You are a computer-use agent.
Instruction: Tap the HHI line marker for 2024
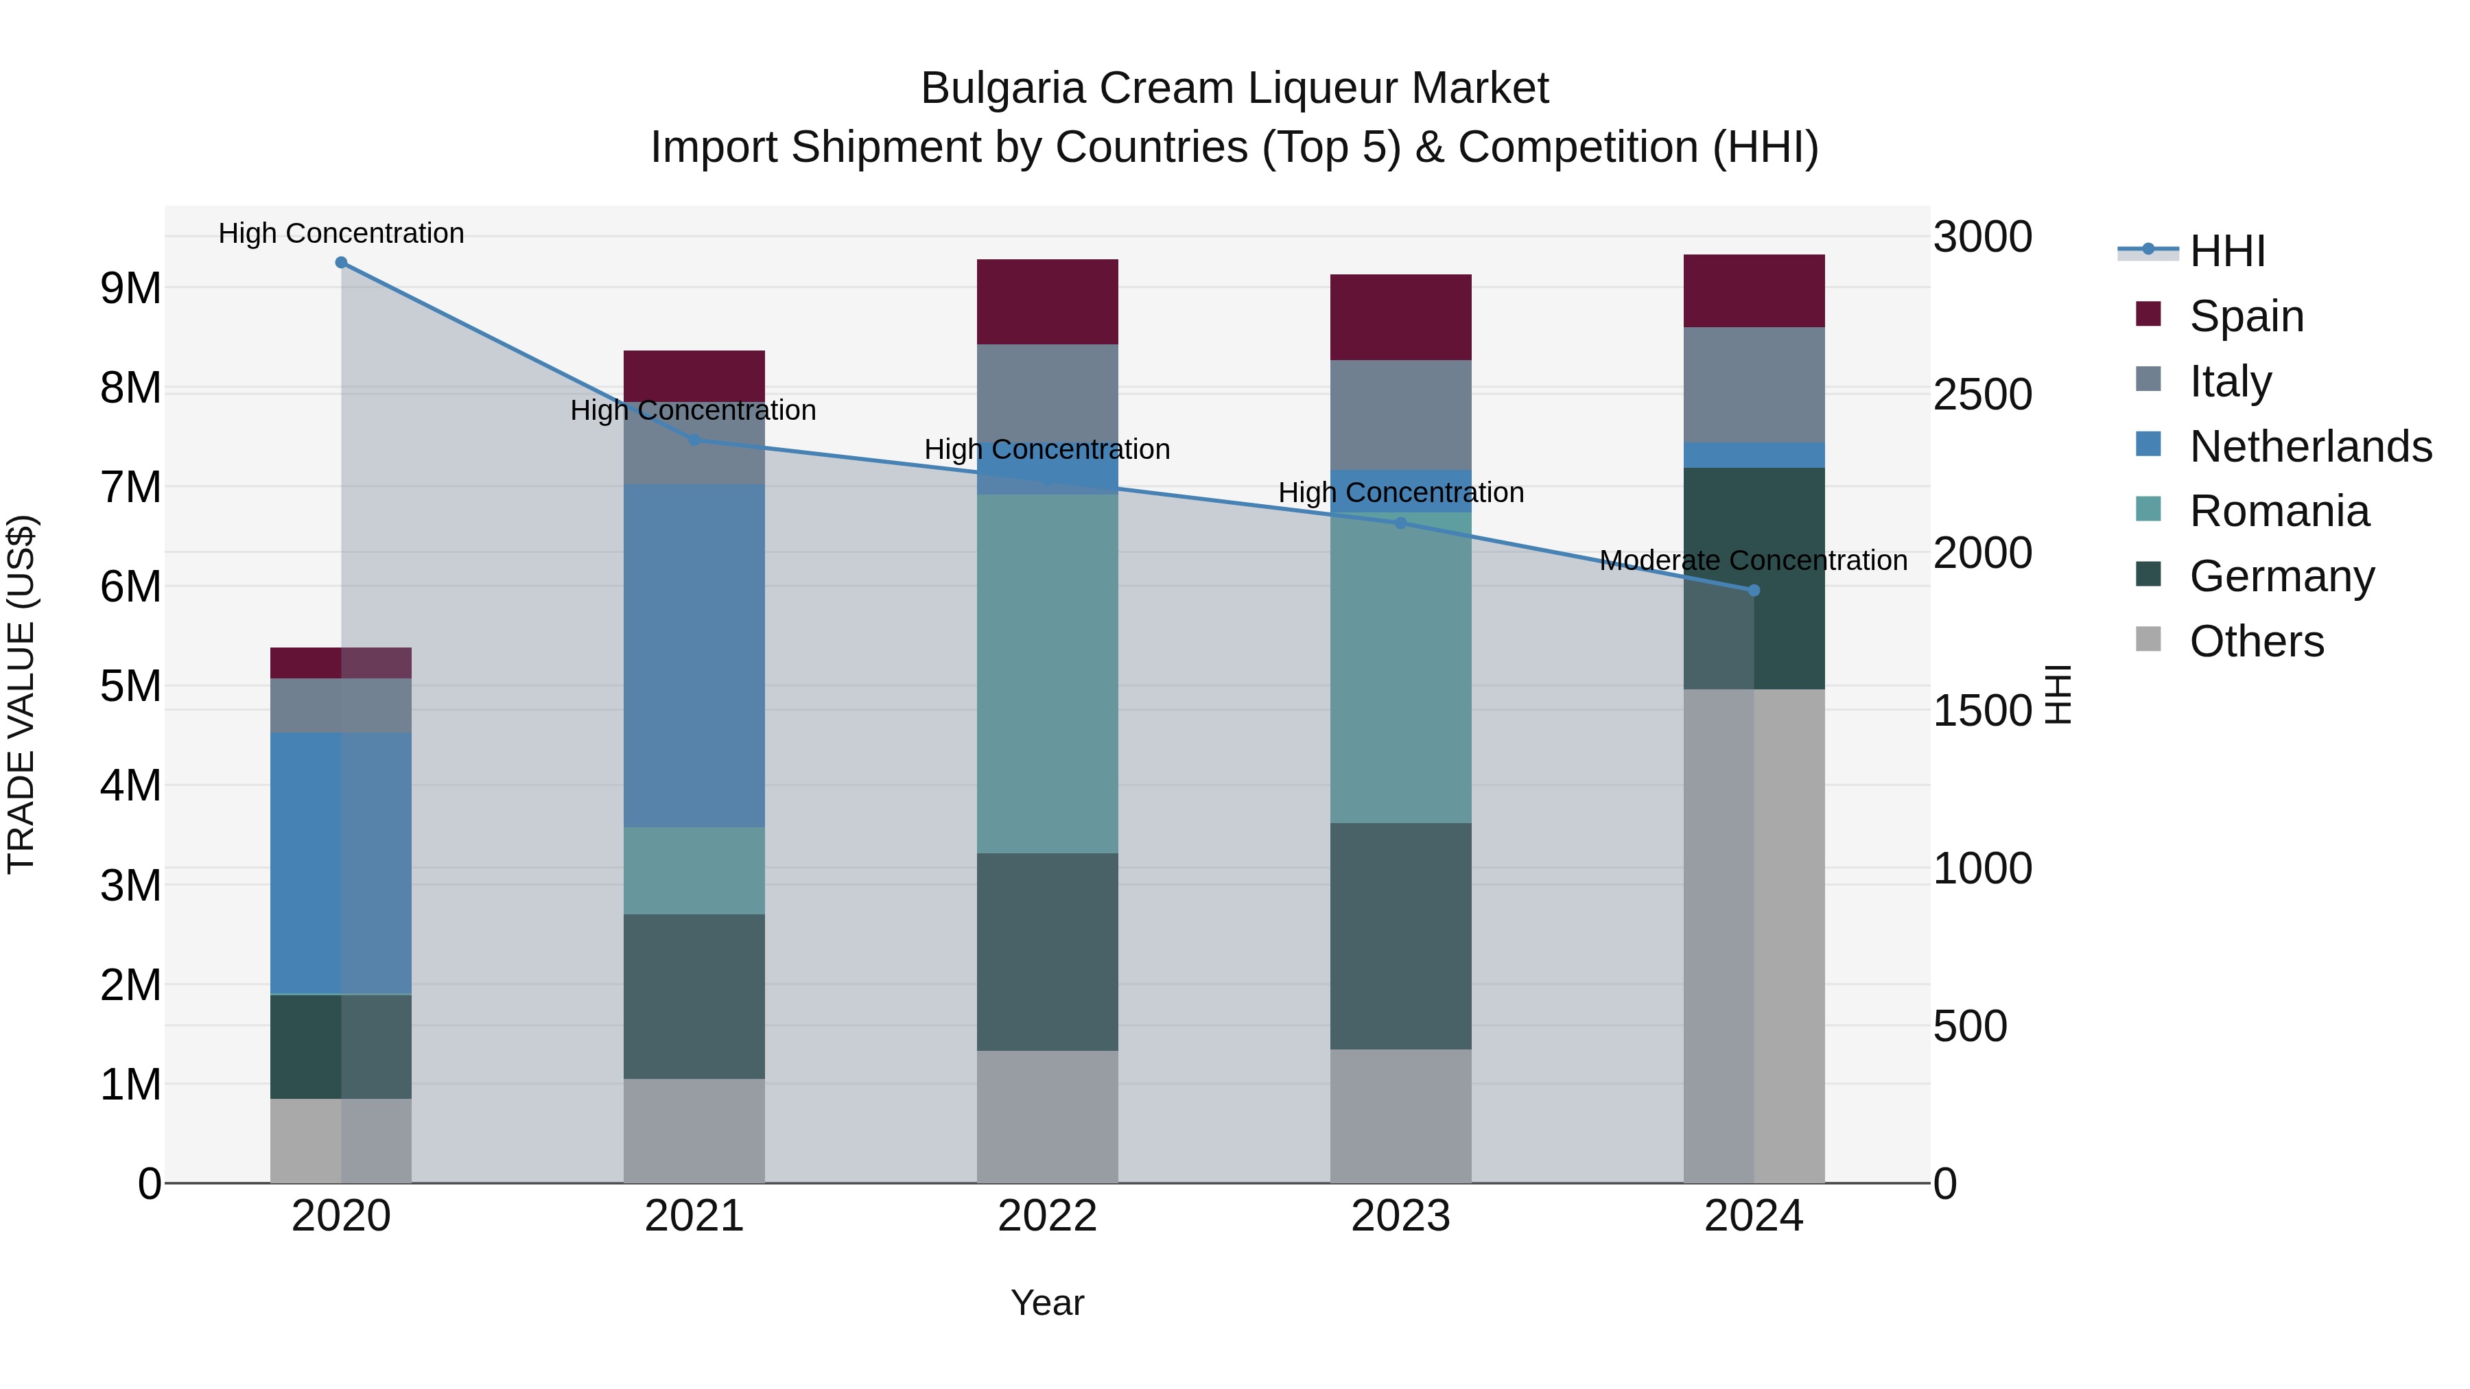click(1754, 591)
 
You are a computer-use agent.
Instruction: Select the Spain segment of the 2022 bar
click(1047, 301)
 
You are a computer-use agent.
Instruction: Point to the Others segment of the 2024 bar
click(1754, 936)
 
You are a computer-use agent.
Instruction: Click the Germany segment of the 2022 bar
click(1047, 952)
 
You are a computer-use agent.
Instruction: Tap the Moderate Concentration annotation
click(1753, 561)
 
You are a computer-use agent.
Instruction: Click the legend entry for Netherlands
click(2310, 447)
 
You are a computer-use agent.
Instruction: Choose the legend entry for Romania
click(2278, 512)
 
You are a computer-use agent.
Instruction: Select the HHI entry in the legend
click(2226, 251)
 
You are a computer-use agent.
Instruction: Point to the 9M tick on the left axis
click(131, 287)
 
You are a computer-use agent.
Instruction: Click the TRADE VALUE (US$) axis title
click(21, 694)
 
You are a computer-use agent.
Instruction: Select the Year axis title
click(1047, 1303)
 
